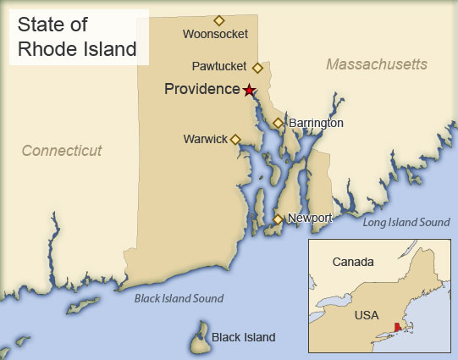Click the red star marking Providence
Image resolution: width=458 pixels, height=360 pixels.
point(249,90)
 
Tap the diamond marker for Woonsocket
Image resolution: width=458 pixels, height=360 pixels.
point(218,20)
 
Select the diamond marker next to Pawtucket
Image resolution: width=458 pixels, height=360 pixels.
point(257,67)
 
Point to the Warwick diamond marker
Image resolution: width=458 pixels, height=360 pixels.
point(235,140)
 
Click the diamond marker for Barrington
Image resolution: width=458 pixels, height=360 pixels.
point(278,124)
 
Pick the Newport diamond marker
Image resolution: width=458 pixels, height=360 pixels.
point(277,220)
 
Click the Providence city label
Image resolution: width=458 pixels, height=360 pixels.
point(202,89)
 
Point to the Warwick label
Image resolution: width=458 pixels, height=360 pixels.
point(205,139)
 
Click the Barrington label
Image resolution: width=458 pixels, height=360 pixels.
point(316,123)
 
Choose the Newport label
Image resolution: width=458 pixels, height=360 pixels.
point(309,218)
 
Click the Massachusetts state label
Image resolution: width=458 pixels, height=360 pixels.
point(377,64)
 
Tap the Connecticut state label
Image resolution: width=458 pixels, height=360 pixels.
point(62,151)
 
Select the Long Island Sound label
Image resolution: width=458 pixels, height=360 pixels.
point(406,222)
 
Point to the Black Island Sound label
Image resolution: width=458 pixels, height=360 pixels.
point(179,298)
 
